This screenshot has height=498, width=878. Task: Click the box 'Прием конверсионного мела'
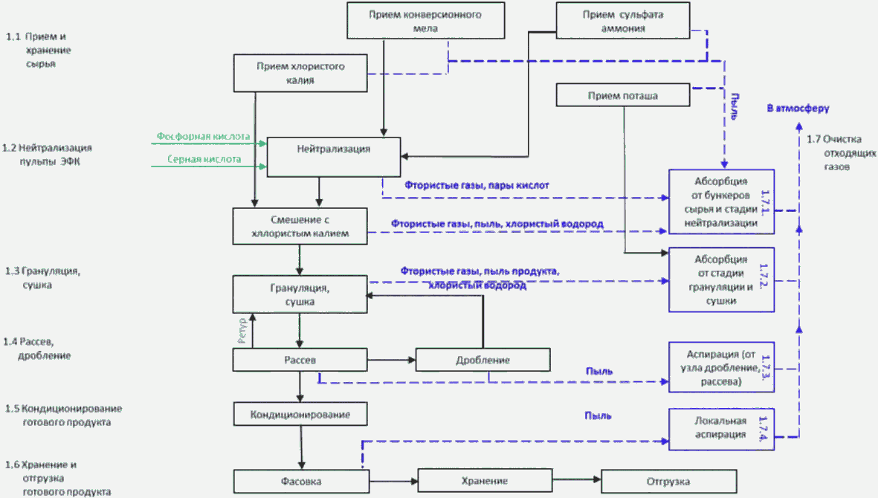click(425, 21)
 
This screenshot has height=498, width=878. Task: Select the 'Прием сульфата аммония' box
click(623, 21)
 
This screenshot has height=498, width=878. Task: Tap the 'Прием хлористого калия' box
click(300, 73)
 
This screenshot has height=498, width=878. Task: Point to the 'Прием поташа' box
click(623, 95)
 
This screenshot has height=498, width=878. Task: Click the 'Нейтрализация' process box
click(334, 157)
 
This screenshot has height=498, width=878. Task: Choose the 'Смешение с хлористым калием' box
click(300, 226)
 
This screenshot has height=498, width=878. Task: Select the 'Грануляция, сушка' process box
click(300, 294)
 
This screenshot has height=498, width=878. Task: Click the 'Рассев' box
click(300, 360)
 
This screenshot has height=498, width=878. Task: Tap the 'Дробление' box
click(482, 360)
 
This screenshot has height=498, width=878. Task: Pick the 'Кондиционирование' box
click(300, 414)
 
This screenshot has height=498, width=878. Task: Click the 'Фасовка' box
click(301, 481)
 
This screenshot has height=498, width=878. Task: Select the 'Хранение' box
click(485, 481)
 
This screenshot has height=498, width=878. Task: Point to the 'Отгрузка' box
click(668, 481)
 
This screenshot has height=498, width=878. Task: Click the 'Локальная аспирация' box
click(721, 429)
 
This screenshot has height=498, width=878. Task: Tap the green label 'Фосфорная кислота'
click(203, 136)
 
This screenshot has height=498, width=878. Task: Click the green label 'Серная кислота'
click(204, 159)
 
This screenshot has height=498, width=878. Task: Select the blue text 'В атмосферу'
click(798, 108)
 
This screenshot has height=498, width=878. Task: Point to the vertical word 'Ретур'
click(242, 331)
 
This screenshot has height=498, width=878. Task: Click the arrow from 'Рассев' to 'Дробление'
click(391, 360)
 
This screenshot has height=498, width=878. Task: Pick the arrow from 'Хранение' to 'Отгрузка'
click(577, 479)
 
